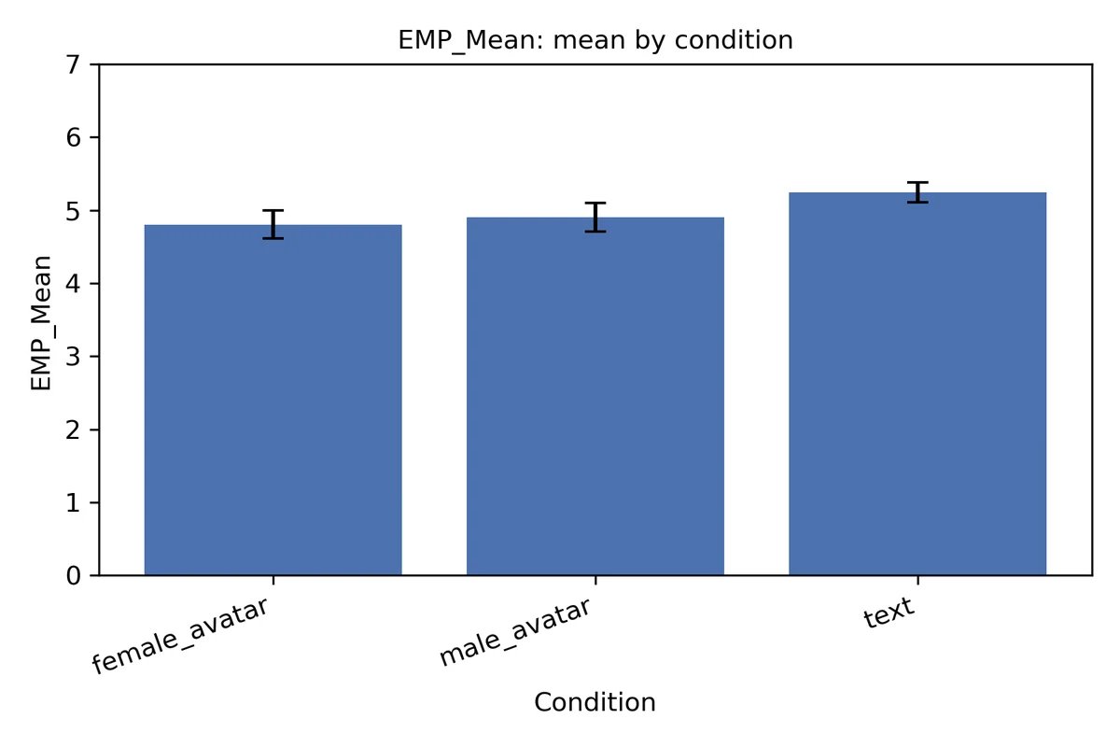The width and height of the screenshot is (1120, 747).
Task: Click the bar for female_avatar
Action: (273, 400)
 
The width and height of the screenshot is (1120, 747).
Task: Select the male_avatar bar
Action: (595, 396)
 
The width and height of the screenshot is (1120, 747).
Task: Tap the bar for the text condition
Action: (917, 384)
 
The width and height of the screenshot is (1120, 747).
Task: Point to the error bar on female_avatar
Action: (273, 224)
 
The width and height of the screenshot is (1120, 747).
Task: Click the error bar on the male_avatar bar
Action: (595, 218)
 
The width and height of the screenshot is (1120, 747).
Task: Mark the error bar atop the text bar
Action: (917, 192)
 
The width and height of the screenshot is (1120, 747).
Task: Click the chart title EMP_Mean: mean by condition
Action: (595, 40)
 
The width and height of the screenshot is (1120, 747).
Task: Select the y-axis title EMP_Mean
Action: (41, 323)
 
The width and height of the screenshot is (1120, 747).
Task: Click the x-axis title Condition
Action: (595, 702)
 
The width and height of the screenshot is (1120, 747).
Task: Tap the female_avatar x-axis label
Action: (181, 636)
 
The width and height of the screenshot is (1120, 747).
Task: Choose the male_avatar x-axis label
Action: (515, 632)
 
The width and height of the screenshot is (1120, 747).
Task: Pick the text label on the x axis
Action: (889, 613)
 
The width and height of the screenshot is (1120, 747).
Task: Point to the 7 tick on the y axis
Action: (73, 64)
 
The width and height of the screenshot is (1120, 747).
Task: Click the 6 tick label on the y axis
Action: (73, 137)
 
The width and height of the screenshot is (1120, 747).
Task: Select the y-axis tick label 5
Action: (73, 211)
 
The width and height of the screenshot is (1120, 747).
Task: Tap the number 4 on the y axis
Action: (73, 284)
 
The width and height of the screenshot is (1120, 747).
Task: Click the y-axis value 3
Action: (73, 357)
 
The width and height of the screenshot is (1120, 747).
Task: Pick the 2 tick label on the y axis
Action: (73, 430)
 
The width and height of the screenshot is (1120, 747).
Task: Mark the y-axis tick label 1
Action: (73, 503)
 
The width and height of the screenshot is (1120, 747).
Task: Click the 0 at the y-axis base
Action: (73, 576)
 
